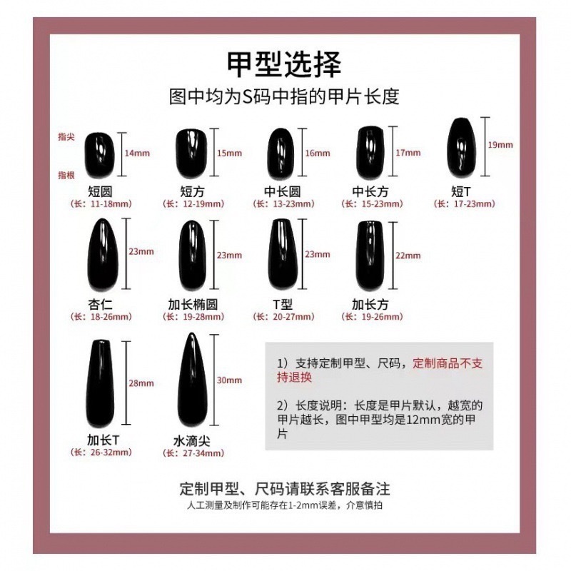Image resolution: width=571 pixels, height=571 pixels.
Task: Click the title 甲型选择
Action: (x=284, y=64)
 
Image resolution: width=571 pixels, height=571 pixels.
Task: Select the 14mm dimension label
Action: (x=137, y=153)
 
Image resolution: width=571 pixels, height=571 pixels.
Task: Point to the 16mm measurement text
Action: (x=318, y=153)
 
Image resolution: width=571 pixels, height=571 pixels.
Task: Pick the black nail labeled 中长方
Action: (x=368, y=152)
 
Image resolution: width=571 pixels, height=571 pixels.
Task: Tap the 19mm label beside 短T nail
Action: (x=500, y=145)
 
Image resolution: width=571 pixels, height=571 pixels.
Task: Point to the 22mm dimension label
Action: (x=408, y=256)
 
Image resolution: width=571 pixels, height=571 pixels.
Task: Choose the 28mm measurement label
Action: (x=141, y=383)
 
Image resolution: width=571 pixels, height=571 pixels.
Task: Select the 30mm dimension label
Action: (x=230, y=380)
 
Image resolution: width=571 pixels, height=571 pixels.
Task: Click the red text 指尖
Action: (x=66, y=136)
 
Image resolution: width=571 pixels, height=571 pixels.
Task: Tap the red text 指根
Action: (x=66, y=175)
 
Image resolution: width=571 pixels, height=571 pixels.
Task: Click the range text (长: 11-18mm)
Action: (x=101, y=203)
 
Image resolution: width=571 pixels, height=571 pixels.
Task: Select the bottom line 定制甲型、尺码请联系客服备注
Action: (x=285, y=490)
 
